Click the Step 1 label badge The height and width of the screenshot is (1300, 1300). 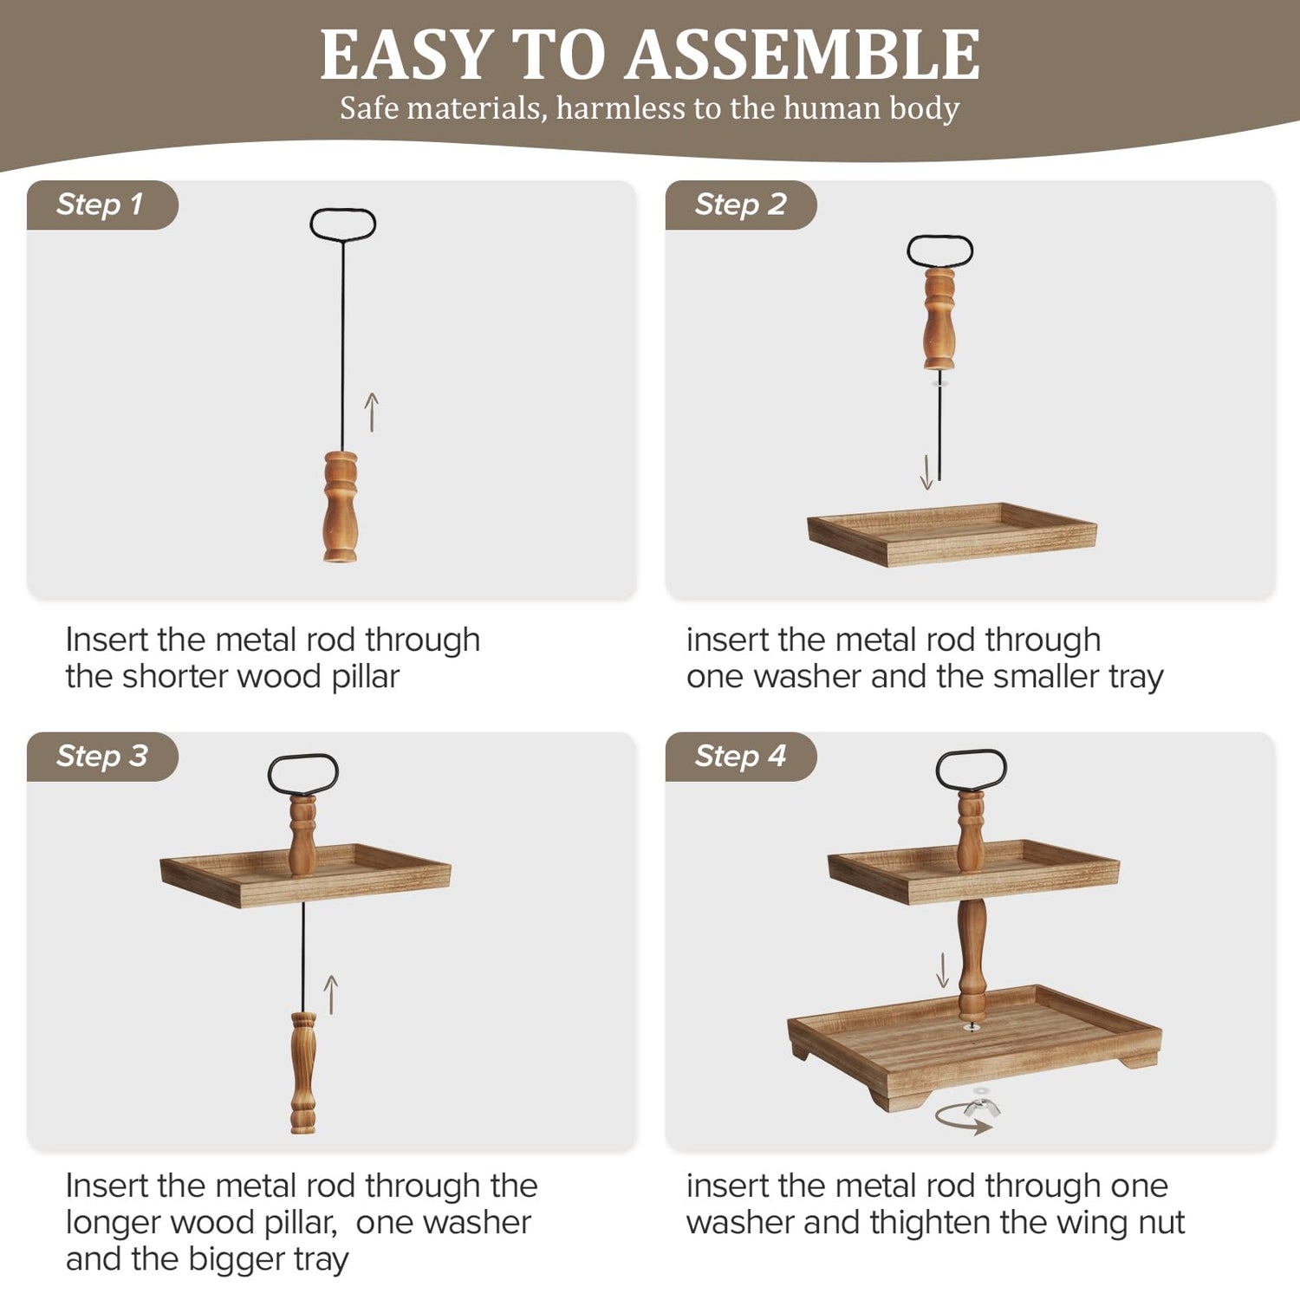pos(102,205)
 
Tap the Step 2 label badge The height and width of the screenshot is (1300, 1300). pos(741,205)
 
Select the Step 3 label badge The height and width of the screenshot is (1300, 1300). pos(102,757)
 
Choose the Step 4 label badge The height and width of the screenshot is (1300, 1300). pos(741,757)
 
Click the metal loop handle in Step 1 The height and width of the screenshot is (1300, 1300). pos(343,210)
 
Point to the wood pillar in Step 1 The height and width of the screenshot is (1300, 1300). pos(341,507)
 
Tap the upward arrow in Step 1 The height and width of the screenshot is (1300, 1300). pos(372,412)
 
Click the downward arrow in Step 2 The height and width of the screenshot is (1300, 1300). pos(926,472)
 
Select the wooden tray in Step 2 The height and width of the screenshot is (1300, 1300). pos(952,535)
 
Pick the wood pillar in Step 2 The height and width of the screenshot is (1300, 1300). pos(939,319)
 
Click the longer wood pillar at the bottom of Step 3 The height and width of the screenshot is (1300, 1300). pos(303,1073)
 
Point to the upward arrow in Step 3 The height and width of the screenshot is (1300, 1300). pos(330,994)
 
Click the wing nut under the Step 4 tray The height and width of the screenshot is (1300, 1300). pos(982,1107)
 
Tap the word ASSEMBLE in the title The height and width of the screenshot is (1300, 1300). pos(803,55)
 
